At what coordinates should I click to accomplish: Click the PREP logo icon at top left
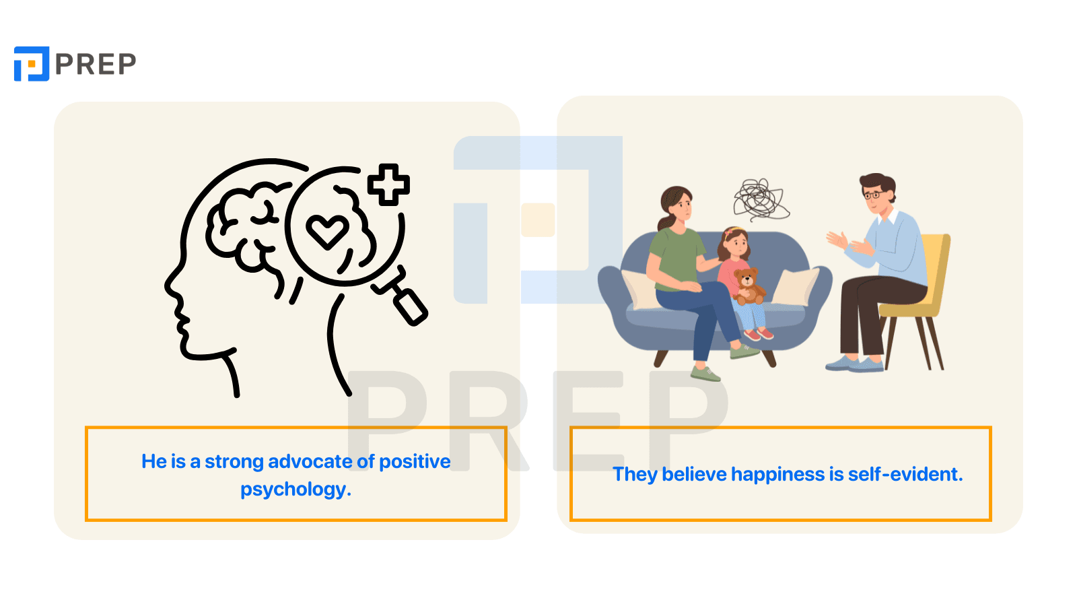click(32, 64)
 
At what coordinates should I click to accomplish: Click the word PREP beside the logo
click(96, 65)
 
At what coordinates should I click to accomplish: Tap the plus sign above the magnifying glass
click(388, 184)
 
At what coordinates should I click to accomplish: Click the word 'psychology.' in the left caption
click(296, 490)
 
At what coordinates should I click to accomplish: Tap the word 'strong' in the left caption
click(234, 462)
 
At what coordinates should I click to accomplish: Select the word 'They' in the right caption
click(635, 475)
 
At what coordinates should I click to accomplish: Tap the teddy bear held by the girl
click(747, 285)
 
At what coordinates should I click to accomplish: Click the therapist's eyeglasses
click(872, 195)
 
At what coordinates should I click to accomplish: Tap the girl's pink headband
click(731, 232)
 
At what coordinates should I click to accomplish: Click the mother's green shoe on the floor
click(705, 373)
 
